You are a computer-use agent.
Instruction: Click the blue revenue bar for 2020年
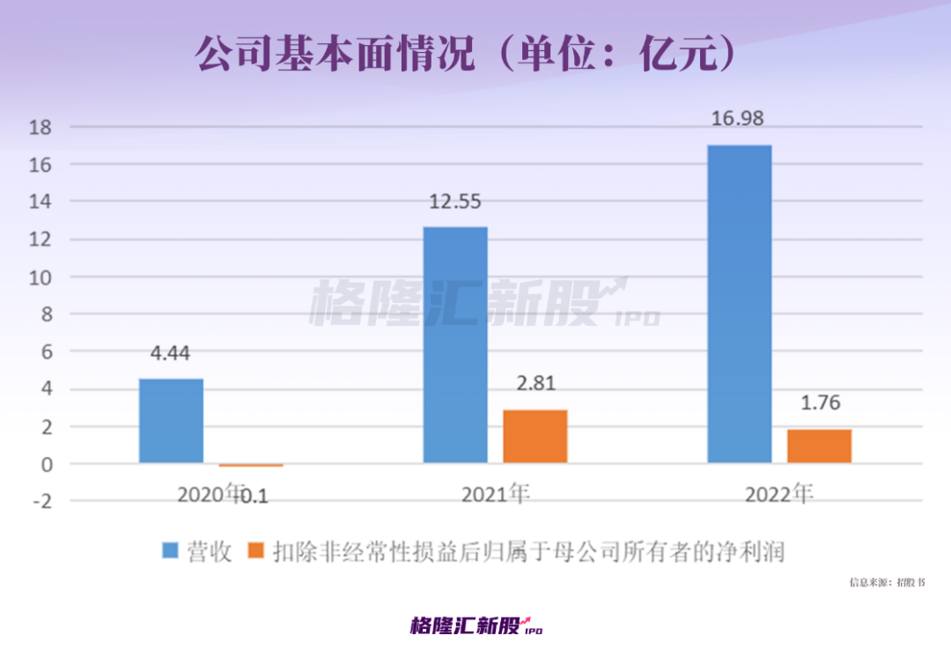(171, 421)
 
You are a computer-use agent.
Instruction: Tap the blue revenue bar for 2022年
(740, 304)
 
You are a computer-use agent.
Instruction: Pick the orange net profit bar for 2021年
(535, 436)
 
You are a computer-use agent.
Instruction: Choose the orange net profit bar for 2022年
(819, 446)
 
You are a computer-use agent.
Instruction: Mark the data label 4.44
(170, 353)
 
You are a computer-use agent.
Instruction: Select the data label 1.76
(821, 403)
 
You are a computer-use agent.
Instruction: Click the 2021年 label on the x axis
(496, 494)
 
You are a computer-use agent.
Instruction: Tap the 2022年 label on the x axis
(779, 494)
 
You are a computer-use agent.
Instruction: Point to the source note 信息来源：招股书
(887, 582)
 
